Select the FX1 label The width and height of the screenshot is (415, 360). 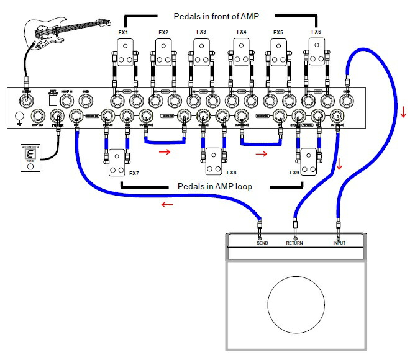(x=124, y=32)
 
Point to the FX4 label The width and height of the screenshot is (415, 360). (x=241, y=32)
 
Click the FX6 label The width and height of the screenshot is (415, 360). (x=316, y=32)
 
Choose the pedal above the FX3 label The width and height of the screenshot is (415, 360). (x=202, y=53)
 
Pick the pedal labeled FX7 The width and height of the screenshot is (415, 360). (x=117, y=163)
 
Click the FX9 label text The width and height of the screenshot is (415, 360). (x=294, y=173)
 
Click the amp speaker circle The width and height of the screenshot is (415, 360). (x=297, y=303)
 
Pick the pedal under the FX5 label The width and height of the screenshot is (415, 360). (x=279, y=53)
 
